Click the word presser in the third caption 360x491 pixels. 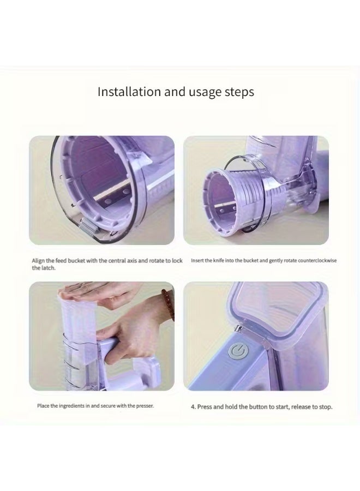tap(143, 406)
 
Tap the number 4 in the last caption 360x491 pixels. tap(193, 406)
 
